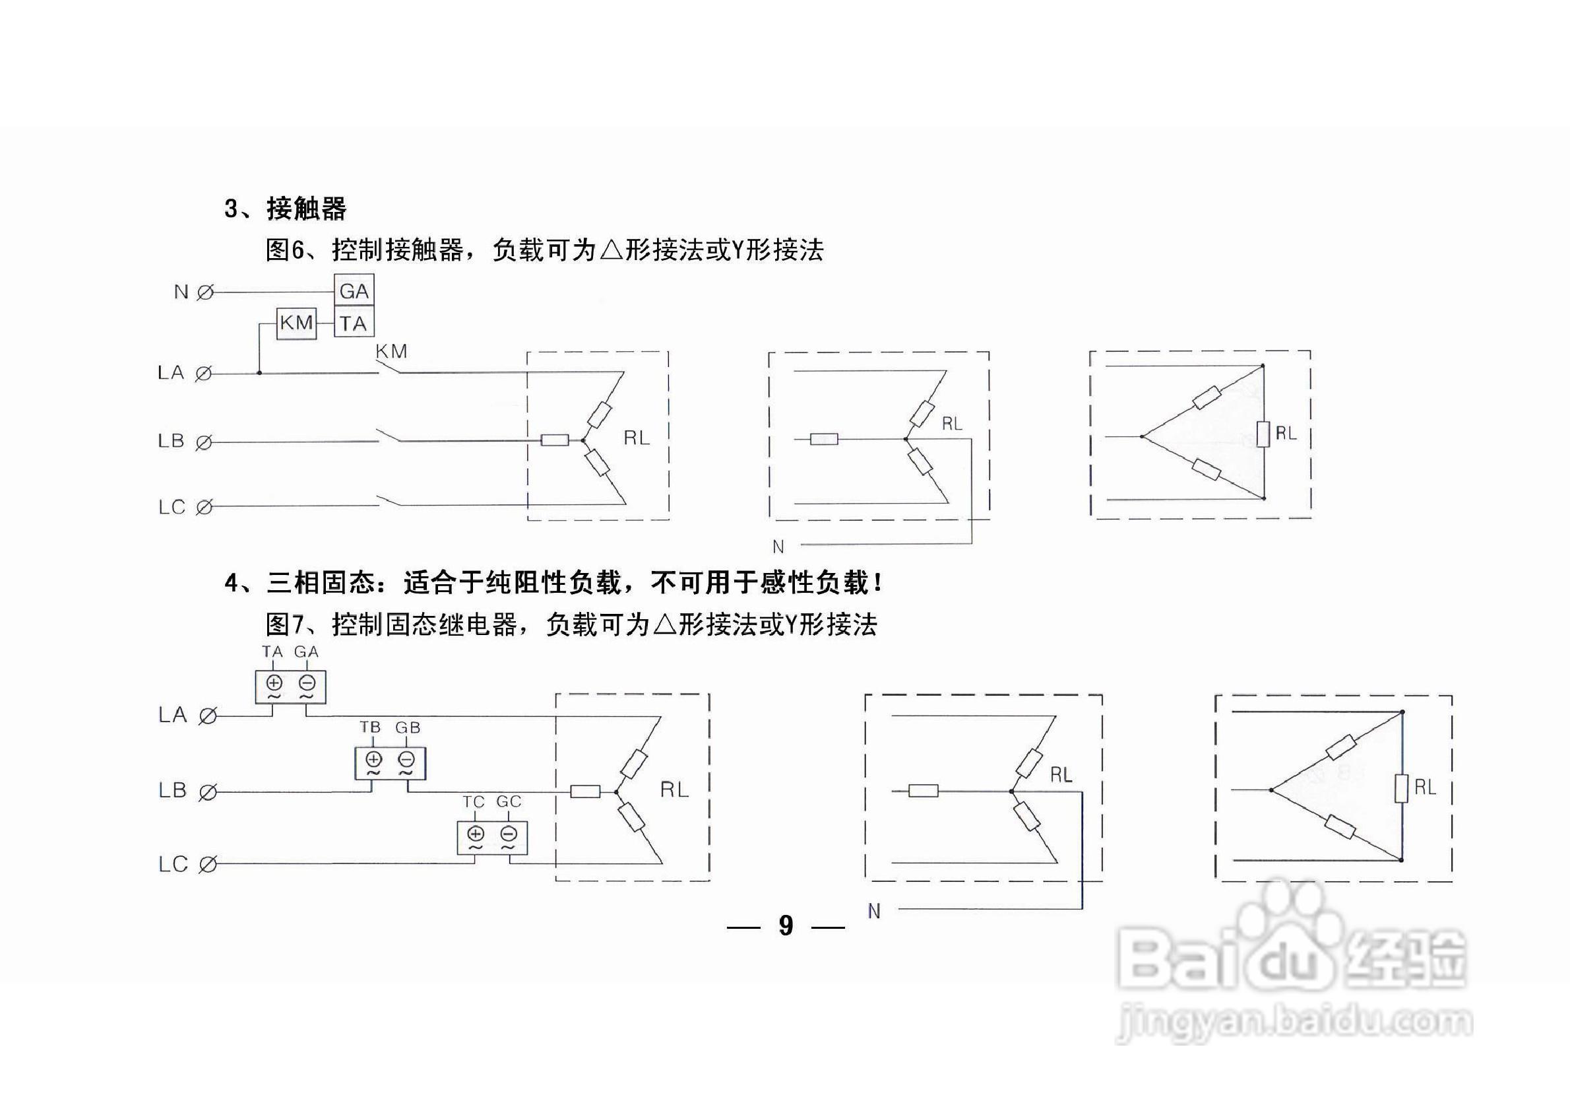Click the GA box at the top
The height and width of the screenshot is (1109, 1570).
(x=354, y=290)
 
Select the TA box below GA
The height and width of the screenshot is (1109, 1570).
(x=354, y=323)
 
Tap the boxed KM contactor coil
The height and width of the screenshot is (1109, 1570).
(x=297, y=322)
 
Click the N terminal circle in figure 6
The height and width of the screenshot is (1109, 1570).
(x=204, y=293)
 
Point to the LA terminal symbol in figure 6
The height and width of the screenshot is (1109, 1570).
(x=203, y=374)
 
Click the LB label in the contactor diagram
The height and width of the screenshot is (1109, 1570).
(x=171, y=440)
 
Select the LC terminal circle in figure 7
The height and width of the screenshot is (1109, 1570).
(x=207, y=865)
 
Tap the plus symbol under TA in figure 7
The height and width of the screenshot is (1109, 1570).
(x=274, y=682)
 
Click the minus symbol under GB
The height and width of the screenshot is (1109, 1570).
(x=406, y=758)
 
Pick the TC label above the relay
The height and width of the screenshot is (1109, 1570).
(x=473, y=801)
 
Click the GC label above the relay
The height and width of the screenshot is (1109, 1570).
(x=509, y=801)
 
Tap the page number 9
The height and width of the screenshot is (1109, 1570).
(x=786, y=925)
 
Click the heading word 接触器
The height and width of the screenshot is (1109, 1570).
(x=306, y=209)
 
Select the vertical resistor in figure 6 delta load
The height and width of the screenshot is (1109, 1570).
(x=1263, y=434)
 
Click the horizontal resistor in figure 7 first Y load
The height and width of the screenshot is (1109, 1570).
(x=585, y=791)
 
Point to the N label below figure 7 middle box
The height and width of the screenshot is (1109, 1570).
(x=874, y=911)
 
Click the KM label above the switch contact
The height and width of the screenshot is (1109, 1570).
(x=391, y=352)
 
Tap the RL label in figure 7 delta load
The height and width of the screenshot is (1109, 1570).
(x=1425, y=788)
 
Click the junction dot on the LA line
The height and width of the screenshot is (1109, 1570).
(x=259, y=373)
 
